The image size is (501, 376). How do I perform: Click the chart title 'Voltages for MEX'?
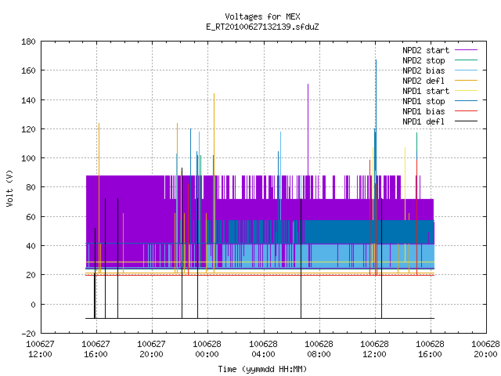(x=262, y=16)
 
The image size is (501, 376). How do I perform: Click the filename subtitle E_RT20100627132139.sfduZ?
(x=262, y=27)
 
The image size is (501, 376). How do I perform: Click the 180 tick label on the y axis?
(x=28, y=42)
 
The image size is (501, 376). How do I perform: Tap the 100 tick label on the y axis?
(x=28, y=158)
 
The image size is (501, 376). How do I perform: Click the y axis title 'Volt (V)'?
(x=9, y=188)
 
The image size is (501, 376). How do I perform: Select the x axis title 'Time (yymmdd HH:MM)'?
(x=262, y=369)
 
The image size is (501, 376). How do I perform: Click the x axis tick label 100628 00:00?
(x=207, y=349)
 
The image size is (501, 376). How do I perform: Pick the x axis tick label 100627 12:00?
(x=40, y=349)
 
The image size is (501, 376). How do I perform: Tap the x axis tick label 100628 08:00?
(x=319, y=349)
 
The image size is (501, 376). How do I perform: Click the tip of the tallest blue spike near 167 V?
(x=376, y=60)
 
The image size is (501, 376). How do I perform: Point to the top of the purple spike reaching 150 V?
(x=308, y=84)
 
